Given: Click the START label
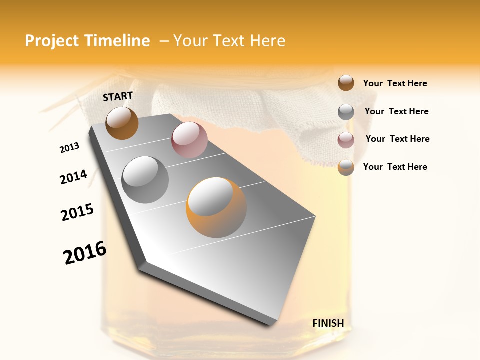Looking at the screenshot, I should [118, 96].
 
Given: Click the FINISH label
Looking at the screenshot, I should [328, 323].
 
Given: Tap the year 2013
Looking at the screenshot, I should [69, 148].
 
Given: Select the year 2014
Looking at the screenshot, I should [73, 177].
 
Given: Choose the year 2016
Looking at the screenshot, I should [85, 253].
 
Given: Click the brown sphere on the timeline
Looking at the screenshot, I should [122, 123].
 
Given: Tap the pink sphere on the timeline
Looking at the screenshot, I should [189, 140].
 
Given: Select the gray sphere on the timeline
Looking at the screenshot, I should [145, 180].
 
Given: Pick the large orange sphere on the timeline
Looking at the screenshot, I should [216, 207].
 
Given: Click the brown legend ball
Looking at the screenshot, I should [346, 83].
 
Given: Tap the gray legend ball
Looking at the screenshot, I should [346, 112].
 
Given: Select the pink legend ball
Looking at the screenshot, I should [346, 140].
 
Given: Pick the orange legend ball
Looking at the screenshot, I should [346, 168].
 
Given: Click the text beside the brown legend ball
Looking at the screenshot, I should [395, 84].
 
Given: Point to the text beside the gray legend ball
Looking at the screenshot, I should [396, 111].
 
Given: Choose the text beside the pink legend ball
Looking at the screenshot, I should [397, 139].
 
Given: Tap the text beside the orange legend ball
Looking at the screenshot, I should [395, 167].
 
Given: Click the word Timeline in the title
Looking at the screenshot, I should [117, 41].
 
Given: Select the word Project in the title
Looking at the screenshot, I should [51, 41].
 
